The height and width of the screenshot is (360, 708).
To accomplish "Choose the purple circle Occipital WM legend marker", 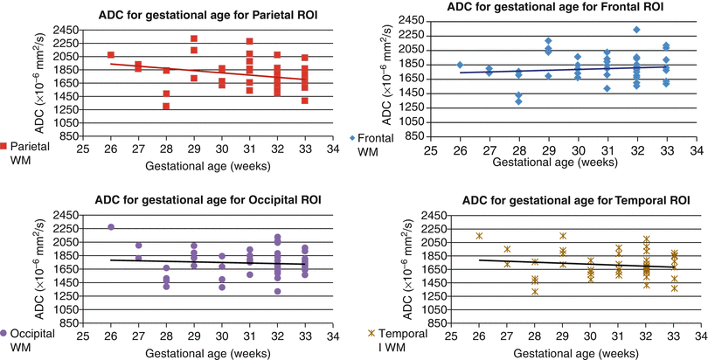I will pos(5,333).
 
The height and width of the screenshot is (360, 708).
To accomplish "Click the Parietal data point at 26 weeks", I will pos(111,55).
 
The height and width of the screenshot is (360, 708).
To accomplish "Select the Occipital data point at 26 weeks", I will pos(111,227).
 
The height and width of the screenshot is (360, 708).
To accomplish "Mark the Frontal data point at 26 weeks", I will pos(460,65).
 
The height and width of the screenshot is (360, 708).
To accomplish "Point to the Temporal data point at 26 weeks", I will pos(479,236).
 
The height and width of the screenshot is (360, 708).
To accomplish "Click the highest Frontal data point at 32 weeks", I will pos(636,30).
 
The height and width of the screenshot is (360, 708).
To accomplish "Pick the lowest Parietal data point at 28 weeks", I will pos(165,106).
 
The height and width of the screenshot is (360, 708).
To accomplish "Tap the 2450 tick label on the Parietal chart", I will pos(66,29).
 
